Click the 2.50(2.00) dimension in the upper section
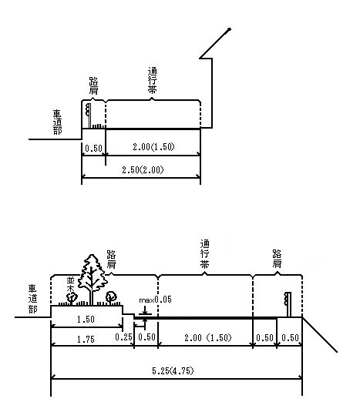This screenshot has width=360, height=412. (x=143, y=170)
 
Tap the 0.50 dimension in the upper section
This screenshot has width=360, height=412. (x=93, y=149)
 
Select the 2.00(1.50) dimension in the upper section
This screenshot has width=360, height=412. (x=153, y=147)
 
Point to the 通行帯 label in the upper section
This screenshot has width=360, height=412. (x=153, y=80)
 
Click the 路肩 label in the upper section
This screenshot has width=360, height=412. (x=93, y=85)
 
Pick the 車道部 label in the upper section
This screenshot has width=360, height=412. (x=57, y=122)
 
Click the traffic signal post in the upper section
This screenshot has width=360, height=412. (x=89, y=116)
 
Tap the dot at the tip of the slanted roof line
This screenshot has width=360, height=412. (x=229, y=29)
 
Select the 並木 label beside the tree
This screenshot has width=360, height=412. (x=70, y=284)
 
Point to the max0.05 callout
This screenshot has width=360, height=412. (x=155, y=300)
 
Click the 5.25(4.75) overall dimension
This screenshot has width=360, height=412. (x=173, y=370)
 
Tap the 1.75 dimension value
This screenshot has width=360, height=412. (x=86, y=340)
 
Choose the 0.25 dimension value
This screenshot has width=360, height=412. (x=123, y=337)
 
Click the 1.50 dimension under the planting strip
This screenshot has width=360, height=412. (x=86, y=320)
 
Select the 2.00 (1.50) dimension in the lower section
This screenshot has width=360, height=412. (x=207, y=337)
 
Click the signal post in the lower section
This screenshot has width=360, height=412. (x=288, y=304)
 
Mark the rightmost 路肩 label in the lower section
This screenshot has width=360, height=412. (x=277, y=259)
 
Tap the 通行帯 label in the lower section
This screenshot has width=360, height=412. (x=205, y=254)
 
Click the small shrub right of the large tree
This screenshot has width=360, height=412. (x=111, y=297)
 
